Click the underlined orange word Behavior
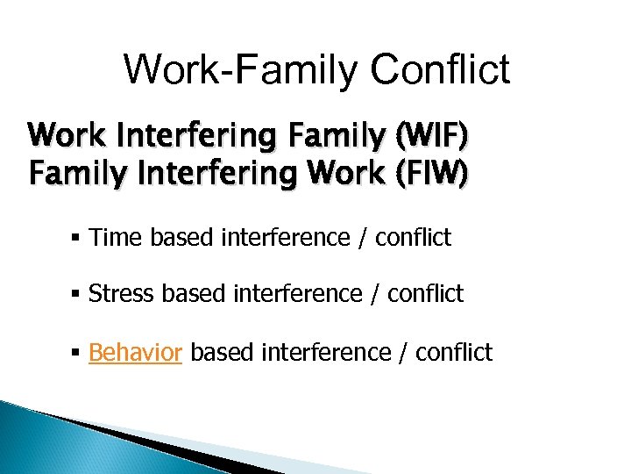(x=135, y=353)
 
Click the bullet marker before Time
(x=78, y=238)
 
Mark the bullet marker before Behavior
(x=78, y=354)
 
